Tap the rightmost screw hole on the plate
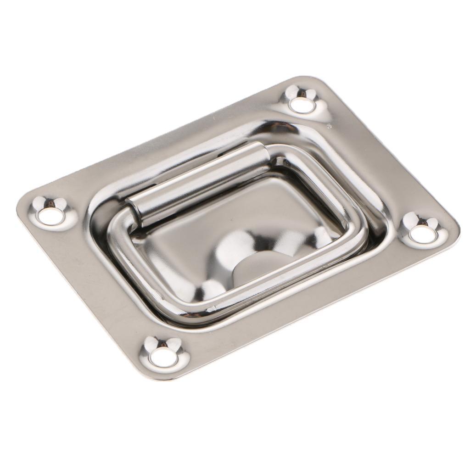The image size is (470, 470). click(x=423, y=233)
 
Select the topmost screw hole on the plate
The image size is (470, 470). click(x=302, y=104)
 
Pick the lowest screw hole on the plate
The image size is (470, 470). click(x=163, y=358)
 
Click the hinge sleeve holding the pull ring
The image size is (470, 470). click(x=197, y=184)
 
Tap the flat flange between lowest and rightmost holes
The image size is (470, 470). click(x=298, y=317)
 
